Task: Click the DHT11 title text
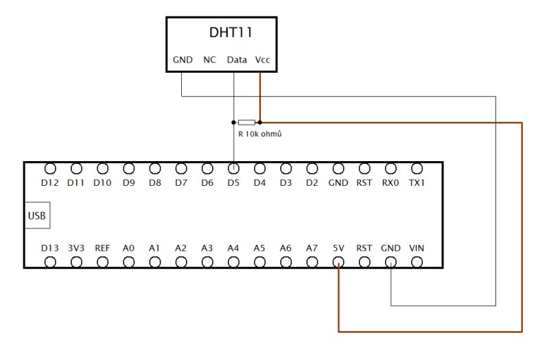click(x=233, y=32)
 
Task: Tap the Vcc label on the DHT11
click(x=262, y=60)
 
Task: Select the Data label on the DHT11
click(x=237, y=60)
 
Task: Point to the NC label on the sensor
click(x=209, y=60)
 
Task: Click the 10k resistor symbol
click(x=246, y=122)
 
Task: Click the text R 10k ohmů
click(x=259, y=134)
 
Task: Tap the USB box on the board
click(x=37, y=216)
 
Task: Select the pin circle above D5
click(x=233, y=168)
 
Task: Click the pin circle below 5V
click(x=338, y=262)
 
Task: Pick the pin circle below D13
click(x=50, y=262)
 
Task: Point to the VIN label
click(x=417, y=248)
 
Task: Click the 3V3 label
click(x=76, y=248)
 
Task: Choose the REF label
click(x=102, y=248)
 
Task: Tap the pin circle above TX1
click(x=417, y=168)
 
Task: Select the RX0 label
click(x=390, y=184)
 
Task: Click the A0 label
click(x=128, y=248)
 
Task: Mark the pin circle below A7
click(x=312, y=262)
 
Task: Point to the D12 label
click(x=50, y=184)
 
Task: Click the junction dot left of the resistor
click(x=234, y=122)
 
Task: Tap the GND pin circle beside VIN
click(x=390, y=262)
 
